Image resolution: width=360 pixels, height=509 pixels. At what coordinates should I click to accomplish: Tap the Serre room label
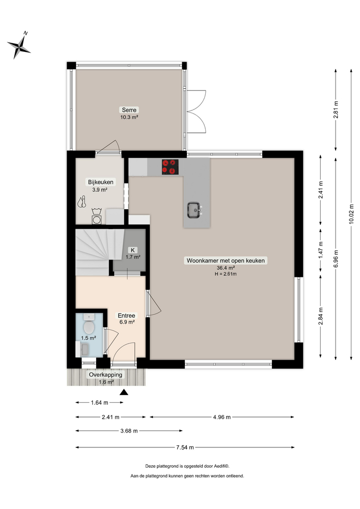point(129,110)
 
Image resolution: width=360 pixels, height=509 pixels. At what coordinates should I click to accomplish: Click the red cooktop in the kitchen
point(171,166)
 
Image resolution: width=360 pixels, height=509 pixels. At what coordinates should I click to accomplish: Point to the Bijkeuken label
point(100,182)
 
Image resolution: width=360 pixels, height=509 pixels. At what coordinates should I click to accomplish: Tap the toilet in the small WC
point(90,325)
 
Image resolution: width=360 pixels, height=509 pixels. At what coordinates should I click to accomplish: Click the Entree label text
point(126,315)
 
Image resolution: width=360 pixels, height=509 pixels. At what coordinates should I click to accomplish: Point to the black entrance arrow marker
point(123,392)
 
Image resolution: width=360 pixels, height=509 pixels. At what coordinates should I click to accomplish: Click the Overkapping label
point(106,375)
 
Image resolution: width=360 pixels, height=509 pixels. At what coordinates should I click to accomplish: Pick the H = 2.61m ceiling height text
point(226,274)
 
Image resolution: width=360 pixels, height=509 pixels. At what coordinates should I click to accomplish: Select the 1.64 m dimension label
point(99,402)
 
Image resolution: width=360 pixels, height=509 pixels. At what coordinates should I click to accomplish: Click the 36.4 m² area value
point(226,268)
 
